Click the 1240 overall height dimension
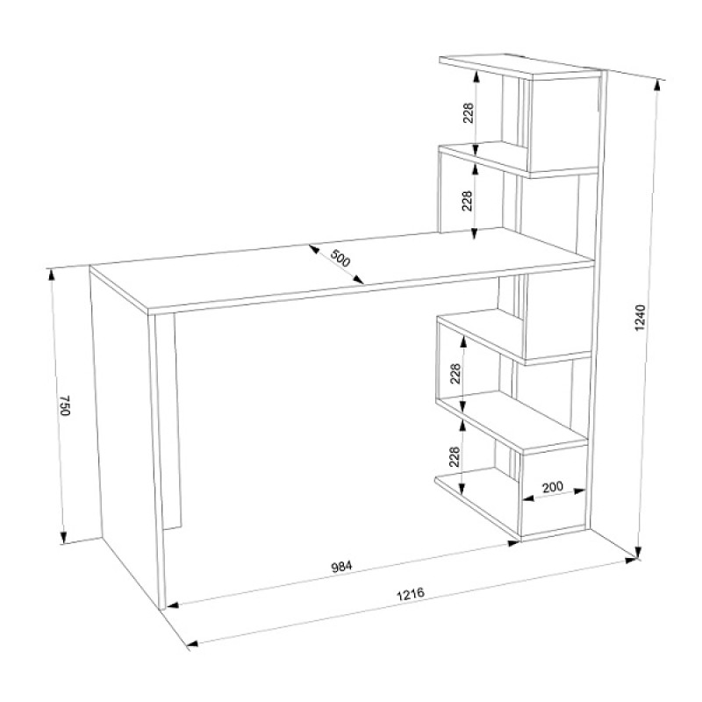click(641, 318)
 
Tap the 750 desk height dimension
click(65, 405)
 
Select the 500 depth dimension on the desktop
click(340, 258)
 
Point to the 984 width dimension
click(341, 567)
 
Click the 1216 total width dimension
click(410, 594)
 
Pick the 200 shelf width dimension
click(553, 487)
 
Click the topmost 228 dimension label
click(468, 113)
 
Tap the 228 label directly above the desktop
click(467, 201)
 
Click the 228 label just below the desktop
click(455, 374)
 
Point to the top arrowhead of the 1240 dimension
click(657, 85)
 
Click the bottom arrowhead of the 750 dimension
click(63, 537)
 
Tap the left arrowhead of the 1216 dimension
click(191, 644)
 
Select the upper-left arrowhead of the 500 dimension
click(313, 248)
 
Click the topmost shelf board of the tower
click(519, 67)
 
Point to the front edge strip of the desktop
click(370, 288)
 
